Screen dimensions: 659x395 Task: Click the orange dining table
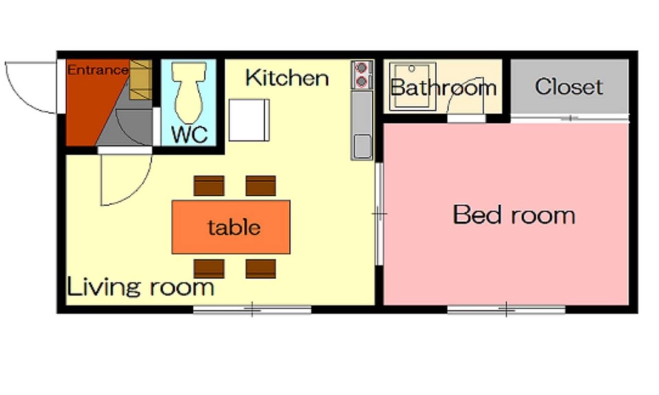click(231, 227)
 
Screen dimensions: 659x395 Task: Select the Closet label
click(569, 87)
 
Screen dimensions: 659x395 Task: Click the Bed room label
click(514, 215)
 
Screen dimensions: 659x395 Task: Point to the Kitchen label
click(287, 78)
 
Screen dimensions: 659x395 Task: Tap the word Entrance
click(98, 70)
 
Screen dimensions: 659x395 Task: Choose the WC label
click(190, 134)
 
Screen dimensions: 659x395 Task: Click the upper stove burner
click(361, 68)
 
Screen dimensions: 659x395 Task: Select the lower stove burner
click(361, 81)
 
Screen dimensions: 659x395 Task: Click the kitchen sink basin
click(362, 146)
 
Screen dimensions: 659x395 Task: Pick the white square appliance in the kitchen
click(249, 120)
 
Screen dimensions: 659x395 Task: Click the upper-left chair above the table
click(209, 186)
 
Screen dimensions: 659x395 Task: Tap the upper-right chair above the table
click(261, 186)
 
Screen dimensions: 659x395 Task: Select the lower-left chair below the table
click(209, 269)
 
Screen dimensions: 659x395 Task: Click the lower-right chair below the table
click(261, 269)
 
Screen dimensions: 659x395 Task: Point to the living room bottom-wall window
click(252, 310)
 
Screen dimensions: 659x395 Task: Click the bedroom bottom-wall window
click(506, 310)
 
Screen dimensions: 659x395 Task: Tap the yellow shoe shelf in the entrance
click(141, 80)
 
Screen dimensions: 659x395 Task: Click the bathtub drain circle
click(411, 69)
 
